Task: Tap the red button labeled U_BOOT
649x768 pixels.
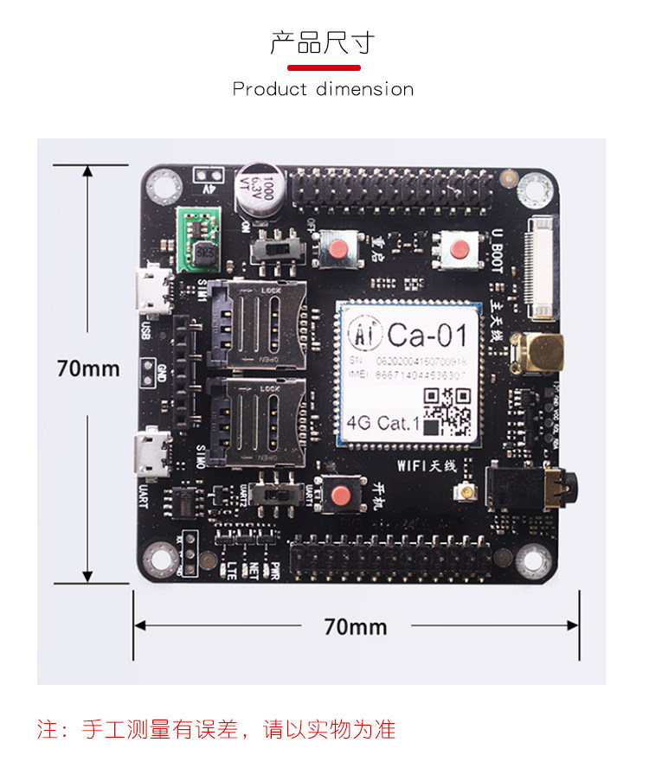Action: (x=459, y=251)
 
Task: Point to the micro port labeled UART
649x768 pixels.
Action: (x=152, y=455)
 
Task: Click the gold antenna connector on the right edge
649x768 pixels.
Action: (x=537, y=353)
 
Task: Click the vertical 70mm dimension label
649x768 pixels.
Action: (x=87, y=368)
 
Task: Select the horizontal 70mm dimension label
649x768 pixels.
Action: (x=355, y=626)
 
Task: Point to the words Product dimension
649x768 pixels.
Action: (x=323, y=89)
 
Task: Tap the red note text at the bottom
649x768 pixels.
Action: (x=216, y=729)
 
